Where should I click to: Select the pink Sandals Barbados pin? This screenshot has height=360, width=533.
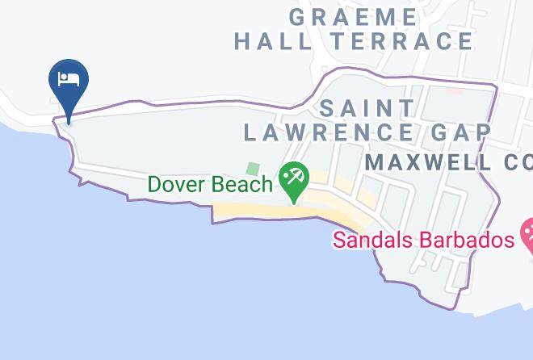527,235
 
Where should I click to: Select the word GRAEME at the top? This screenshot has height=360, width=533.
354,16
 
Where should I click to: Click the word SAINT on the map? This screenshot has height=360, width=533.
367,107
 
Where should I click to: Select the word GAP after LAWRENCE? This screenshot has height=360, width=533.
466,132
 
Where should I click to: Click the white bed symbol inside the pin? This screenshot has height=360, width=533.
69,79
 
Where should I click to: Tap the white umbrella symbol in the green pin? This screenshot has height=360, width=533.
292,175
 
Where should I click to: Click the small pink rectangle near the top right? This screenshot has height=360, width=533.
455,89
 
